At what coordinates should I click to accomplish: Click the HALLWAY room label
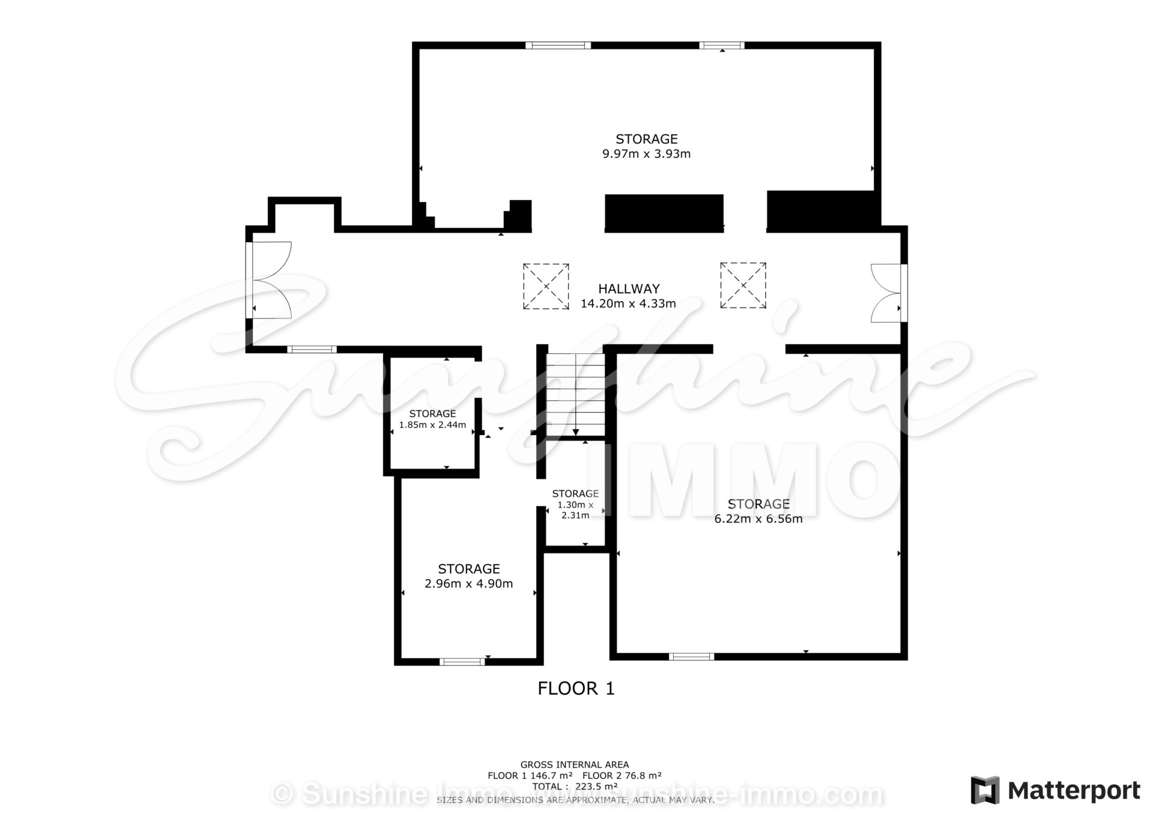tap(629, 288)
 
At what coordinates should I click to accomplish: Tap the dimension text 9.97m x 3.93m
tap(646, 154)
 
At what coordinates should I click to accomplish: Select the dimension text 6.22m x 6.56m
tap(758, 519)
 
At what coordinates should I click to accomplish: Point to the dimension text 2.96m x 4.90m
tap(468, 583)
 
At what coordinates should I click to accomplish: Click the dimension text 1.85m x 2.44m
tap(432, 425)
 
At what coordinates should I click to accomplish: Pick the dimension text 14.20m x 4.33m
tap(628, 303)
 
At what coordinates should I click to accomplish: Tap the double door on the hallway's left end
tap(270, 279)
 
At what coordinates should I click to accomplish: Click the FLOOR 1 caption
tap(576, 689)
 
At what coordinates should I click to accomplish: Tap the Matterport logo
tap(1055, 790)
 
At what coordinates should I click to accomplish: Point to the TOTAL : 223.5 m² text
tap(575, 787)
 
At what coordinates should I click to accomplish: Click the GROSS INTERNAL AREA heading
tap(575, 765)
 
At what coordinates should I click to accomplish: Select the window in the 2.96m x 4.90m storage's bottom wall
tap(462, 662)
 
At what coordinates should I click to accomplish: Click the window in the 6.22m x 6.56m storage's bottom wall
tap(691, 657)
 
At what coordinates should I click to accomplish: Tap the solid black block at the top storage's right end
tap(823, 212)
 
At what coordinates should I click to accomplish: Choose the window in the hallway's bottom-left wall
tap(312, 349)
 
